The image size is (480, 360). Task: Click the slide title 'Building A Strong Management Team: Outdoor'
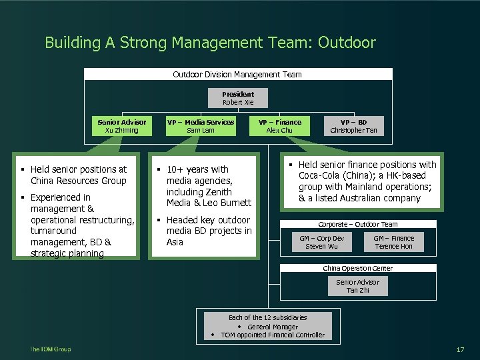click(x=210, y=43)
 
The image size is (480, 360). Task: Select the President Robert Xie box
click(x=238, y=98)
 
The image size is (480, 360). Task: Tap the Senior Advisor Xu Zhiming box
click(x=122, y=126)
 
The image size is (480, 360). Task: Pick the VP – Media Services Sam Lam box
click(x=201, y=126)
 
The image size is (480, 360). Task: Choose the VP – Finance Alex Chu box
click(x=280, y=126)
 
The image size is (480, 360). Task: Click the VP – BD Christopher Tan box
click(x=353, y=126)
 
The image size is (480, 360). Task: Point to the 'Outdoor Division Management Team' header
click(x=237, y=75)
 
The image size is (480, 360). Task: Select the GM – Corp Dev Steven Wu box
click(x=321, y=242)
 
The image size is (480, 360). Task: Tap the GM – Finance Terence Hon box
click(x=393, y=242)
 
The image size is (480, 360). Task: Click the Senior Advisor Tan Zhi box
click(x=357, y=286)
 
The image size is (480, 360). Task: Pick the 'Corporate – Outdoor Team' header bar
click(x=357, y=225)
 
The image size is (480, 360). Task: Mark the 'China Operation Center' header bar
click(x=357, y=268)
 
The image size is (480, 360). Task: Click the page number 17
click(x=460, y=350)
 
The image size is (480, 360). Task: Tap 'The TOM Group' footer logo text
click(x=50, y=349)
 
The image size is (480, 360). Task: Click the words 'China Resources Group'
click(x=78, y=181)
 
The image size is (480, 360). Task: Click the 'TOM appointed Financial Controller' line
click(x=273, y=335)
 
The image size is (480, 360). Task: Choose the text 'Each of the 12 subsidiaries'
click(x=267, y=317)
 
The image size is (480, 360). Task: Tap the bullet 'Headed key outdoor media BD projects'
click(x=208, y=231)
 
